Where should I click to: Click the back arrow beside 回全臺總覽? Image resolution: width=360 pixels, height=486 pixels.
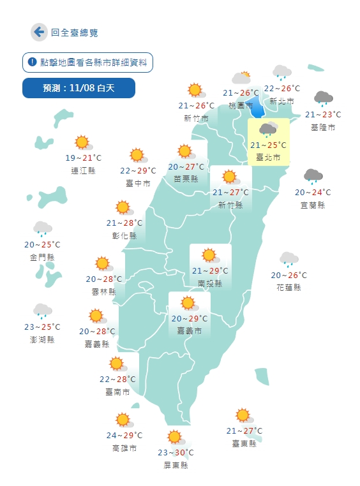39,32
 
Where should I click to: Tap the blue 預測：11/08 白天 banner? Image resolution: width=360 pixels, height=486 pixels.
79,88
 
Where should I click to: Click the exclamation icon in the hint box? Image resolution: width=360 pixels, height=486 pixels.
32,63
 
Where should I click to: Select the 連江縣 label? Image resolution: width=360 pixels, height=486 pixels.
84,170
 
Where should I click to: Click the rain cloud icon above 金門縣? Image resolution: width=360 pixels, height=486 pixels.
42,228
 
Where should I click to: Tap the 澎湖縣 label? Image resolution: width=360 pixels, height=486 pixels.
42,339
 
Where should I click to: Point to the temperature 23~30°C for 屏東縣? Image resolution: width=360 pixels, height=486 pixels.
176,453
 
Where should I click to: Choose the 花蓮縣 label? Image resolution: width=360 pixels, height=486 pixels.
289,287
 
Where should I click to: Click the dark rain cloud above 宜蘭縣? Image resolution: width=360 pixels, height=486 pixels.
313,176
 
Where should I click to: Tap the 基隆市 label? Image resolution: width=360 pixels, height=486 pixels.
323,127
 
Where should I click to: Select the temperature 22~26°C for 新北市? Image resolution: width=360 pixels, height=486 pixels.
281,89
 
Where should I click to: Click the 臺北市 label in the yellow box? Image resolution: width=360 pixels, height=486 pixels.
269,157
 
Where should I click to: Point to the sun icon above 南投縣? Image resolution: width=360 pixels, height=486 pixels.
209,256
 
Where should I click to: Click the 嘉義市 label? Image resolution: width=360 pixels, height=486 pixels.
190,331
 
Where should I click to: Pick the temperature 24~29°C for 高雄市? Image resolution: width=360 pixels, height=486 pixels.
124,436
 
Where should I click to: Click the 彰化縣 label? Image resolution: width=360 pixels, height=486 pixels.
124,235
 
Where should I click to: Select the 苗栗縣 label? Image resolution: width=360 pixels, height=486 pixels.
186,179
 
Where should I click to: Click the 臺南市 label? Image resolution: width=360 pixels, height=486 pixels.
117,392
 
